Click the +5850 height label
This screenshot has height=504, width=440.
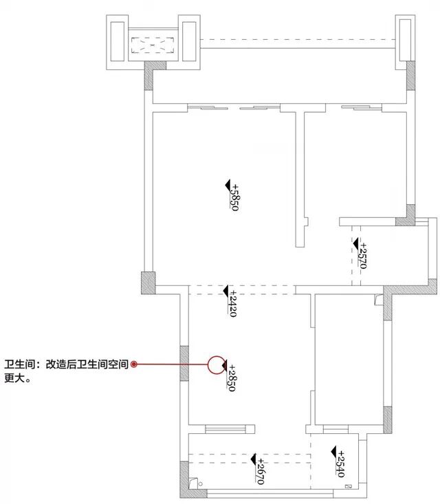point(234,197)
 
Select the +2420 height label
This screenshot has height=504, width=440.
point(232,301)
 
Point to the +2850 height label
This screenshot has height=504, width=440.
point(232,378)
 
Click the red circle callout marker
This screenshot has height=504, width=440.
point(217,364)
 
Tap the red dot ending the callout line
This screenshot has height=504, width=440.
point(135,364)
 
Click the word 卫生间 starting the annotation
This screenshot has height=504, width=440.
point(19,365)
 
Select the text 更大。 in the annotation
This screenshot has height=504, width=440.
point(18,377)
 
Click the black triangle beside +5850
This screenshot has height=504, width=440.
point(228,184)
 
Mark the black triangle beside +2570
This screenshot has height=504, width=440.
point(355,243)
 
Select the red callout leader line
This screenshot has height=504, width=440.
point(172,364)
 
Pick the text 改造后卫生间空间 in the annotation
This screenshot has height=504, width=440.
point(87,365)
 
